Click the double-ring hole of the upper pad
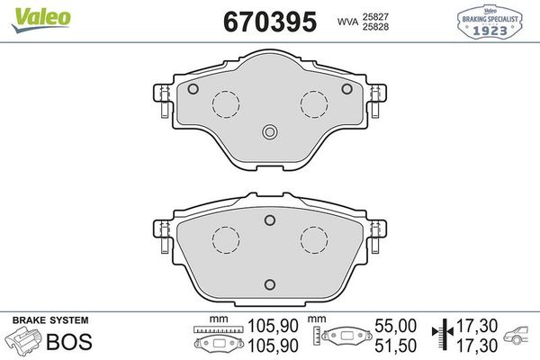point(270,132)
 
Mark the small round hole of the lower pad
point(270,218)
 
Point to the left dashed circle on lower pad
point(226,240)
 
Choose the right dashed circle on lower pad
point(314,240)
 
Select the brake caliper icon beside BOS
point(24,341)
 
